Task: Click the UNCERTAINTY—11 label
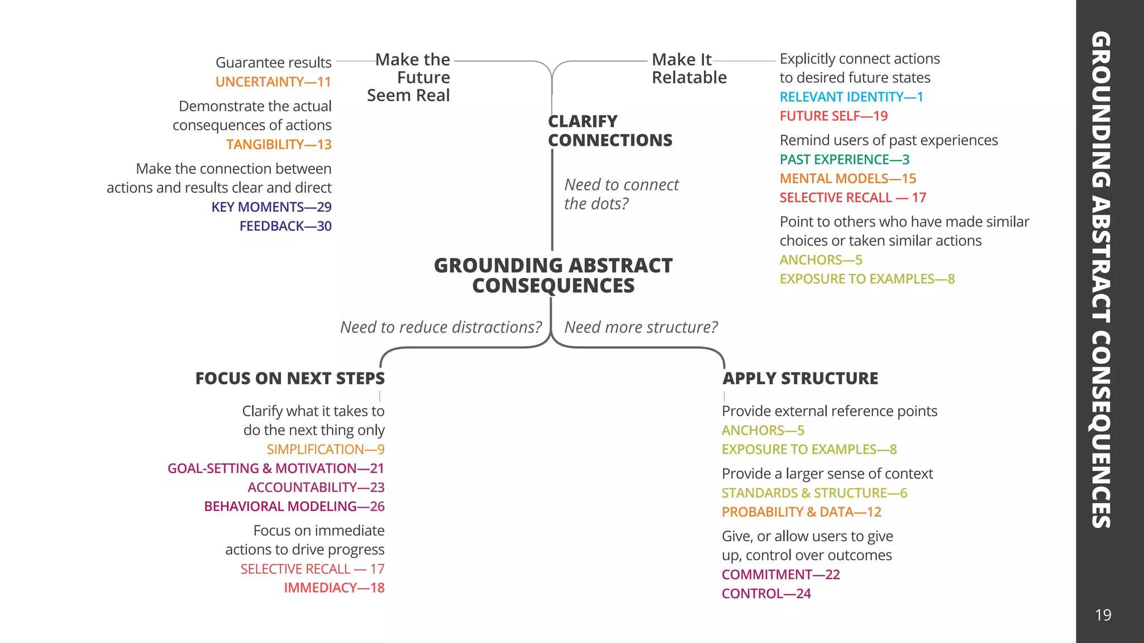pyautogui.click(x=273, y=82)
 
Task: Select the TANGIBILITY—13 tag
pyautogui.click(x=279, y=144)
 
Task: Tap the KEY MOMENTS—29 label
pyautogui.click(x=271, y=207)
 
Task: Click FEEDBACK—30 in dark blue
pyautogui.click(x=285, y=226)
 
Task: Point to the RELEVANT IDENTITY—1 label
pyautogui.click(x=851, y=97)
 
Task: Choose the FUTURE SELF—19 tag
pyautogui.click(x=833, y=116)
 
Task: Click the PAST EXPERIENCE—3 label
pyautogui.click(x=844, y=159)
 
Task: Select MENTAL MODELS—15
pyautogui.click(x=847, y=178)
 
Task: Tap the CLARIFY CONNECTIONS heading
pyautogui.click(x=609, y=131)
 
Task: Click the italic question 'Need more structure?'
pyautogui.click(x=641, y=327)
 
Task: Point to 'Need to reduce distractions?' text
pyautogui.click(x=441, y=327)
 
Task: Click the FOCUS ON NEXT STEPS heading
pyautogui.click(x=290, y=379)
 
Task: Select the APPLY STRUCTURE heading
pyautogui.click(x=800, y=379)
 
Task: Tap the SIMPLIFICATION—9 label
pyautogui.click(x=326, y=449)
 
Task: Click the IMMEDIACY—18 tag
pyautogui.click(x=334, y=588)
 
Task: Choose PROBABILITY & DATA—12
pyautogui.click(x=801, y=512)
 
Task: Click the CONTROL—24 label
pyautogui.click(x=766, y=593)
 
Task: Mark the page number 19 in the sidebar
pyautogui.click(x=1103, y=615)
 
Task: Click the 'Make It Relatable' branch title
pyautogui.click(x=689, y=68)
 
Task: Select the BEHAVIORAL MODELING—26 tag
pyautogui.click(x=294, y=506)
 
